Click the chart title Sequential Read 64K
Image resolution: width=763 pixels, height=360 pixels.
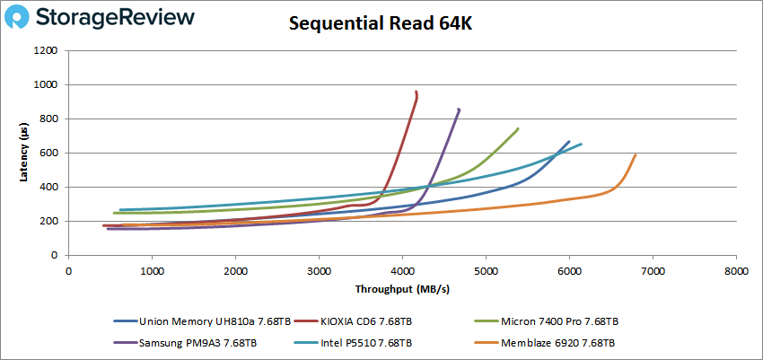381,24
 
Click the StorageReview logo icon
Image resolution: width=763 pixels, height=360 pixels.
22,18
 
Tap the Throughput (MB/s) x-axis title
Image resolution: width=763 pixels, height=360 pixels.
402,290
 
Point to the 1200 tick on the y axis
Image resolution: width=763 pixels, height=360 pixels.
45,50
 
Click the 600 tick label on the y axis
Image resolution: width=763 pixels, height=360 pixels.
48,153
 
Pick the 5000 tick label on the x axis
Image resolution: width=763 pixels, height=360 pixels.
486,270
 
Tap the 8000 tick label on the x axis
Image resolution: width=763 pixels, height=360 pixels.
736,270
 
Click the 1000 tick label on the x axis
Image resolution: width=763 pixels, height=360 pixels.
152,270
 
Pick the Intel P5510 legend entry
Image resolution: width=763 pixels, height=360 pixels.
366,342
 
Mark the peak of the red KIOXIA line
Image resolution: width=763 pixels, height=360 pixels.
417,92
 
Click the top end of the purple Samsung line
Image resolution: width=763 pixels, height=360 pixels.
459,110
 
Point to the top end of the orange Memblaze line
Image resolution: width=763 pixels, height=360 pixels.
636,154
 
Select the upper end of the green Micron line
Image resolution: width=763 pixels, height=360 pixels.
518,128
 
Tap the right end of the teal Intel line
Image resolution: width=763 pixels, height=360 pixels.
581,145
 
